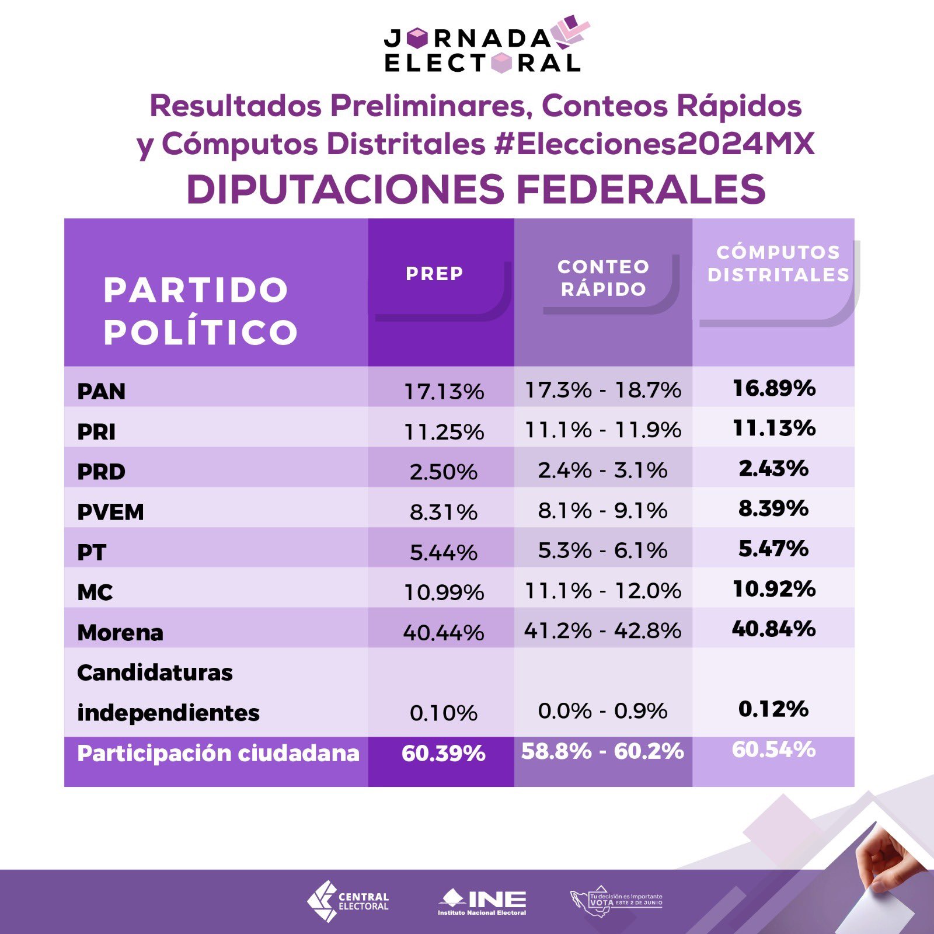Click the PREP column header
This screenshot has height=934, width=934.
click(435, 273)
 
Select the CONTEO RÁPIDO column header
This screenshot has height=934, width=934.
click(604, 278)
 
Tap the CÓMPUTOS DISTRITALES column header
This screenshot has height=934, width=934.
click(778, 263)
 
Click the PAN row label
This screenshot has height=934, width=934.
click(102, 391)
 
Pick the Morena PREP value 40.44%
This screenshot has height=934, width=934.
click(444, 633)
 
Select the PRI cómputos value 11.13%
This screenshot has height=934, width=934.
click(774, 428)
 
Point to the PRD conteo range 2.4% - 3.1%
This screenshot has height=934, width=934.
click(602, 470)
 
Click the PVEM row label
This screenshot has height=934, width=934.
click(110, 512)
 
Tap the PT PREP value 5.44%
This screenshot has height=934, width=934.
click(444, 552)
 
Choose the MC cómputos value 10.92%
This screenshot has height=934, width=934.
click(774, 588)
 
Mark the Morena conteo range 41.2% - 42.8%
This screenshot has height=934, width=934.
click(602, 630)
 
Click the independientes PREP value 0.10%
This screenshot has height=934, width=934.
click(444, 713)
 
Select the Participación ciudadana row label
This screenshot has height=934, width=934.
click(218, 753)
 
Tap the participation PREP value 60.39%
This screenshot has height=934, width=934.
click(444, 754)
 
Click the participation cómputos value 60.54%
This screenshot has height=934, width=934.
click(774, 750)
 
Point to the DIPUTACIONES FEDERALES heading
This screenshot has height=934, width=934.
click(476, 189)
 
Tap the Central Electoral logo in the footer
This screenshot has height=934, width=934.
click(348, 901)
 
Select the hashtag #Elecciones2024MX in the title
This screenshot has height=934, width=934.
click(654, 144)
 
